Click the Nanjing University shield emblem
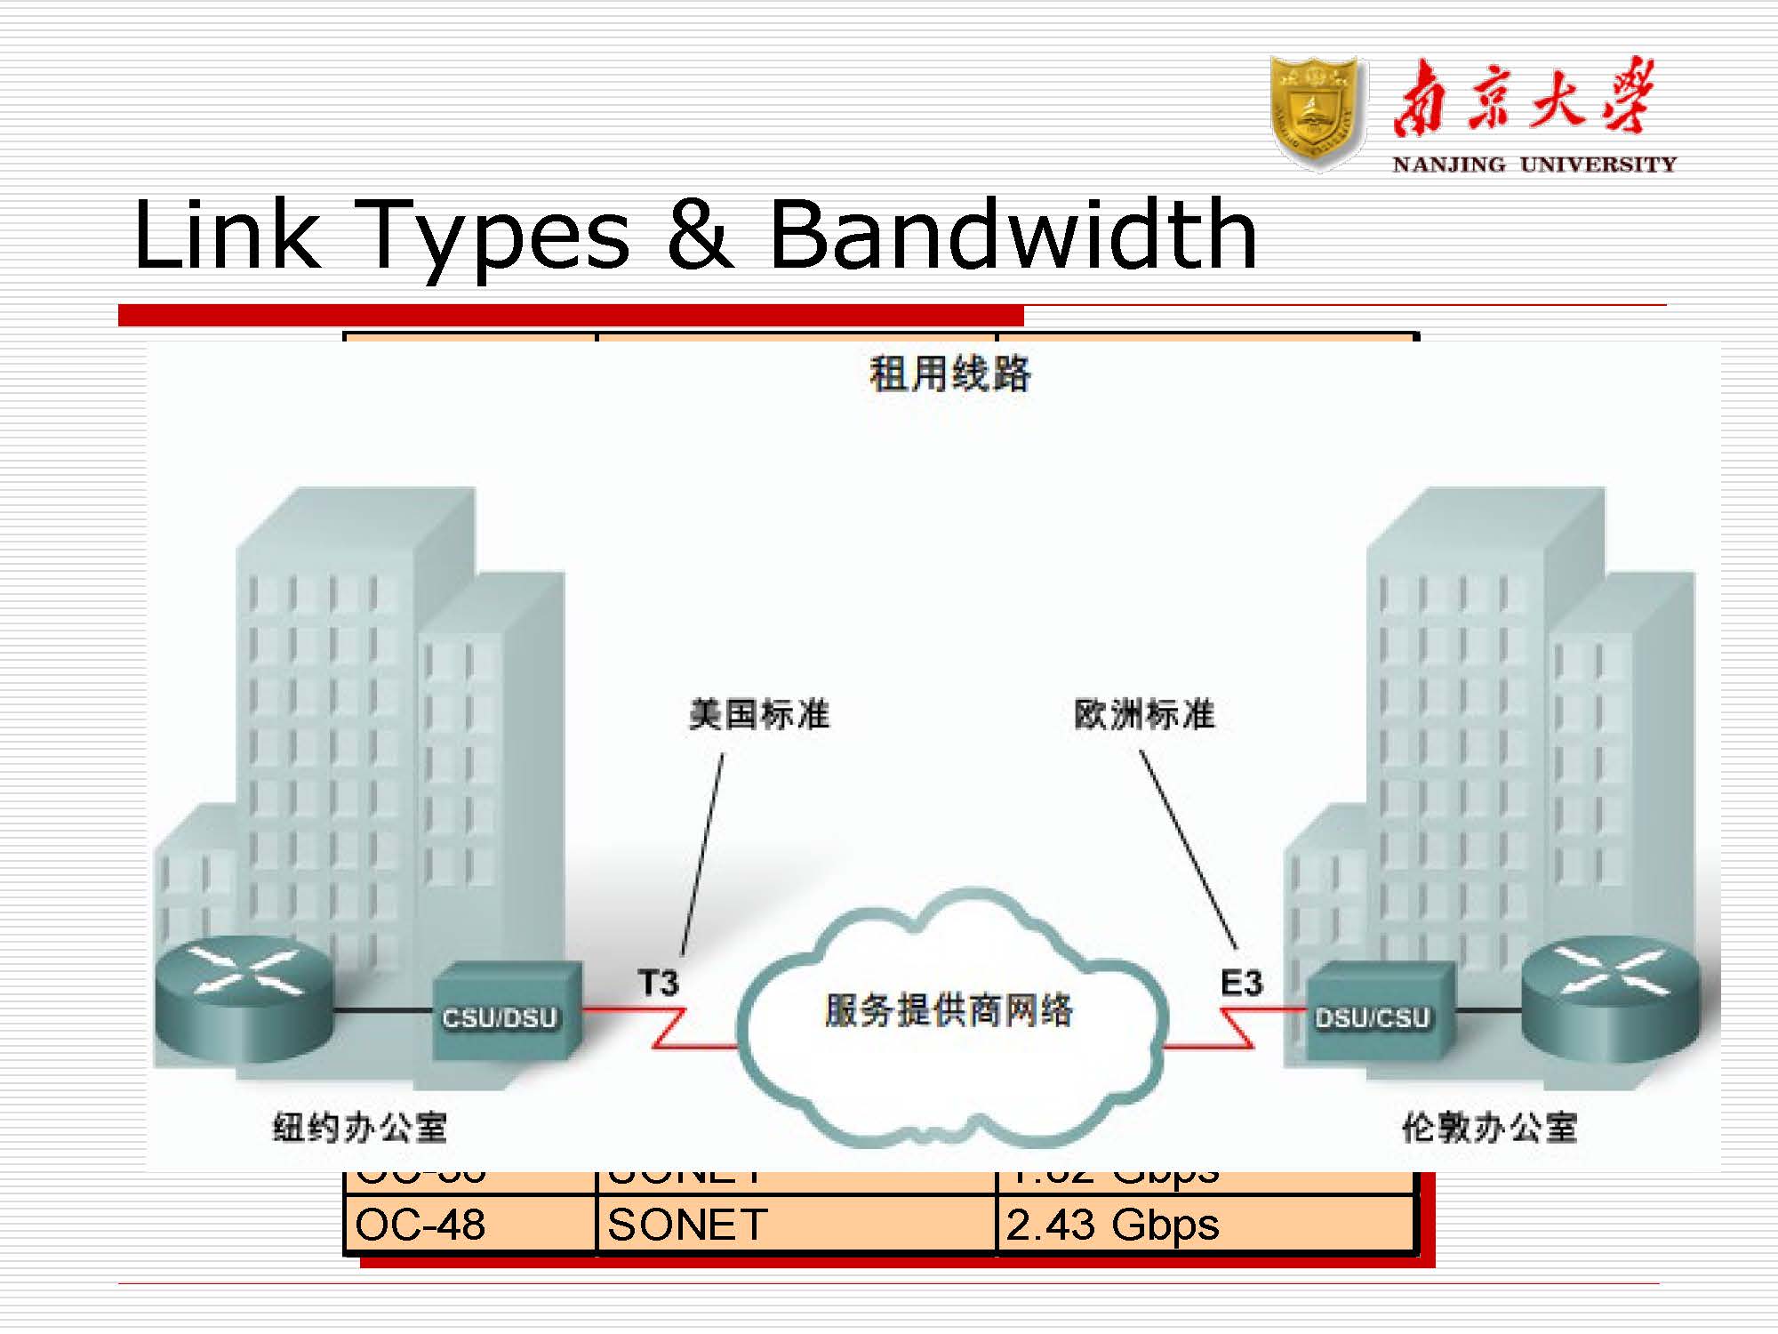pyautogui.click(x=1317, y=113)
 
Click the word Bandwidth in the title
pyautogui.click(x=1013, y=235)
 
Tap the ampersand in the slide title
pyautogui.click(x=700, y=235)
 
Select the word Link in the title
pyautogui.click(x=226, y=235)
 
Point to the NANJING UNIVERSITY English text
pyautogui.click(x=1534, y=165)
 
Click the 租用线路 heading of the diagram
pyautogui.click(x=949, y=374)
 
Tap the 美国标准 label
pyautogui.click(x=759, y=714)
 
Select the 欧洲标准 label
pyautogui.click(x=1144, y=714)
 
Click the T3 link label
pyautogui.click(x=658, y=984)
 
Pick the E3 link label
pyautogui.click(x=1241, y=984)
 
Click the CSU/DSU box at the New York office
pyautogui.click(x=501, y=1015)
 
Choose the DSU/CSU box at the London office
pyautogui.click(x=1374, y=1015)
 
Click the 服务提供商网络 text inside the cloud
pyautogui.click(x=949, y=1010)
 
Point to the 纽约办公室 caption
pyautogui.click(x=359, y=1128)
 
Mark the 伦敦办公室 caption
pyautogui.click(x=1489, y=1128)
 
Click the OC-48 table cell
pyautogui.click(x=420, y=1225)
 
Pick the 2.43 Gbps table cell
pyautogui.click(x=1112, y=1225)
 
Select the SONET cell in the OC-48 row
pyautogui.click(x=687, y=1225)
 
